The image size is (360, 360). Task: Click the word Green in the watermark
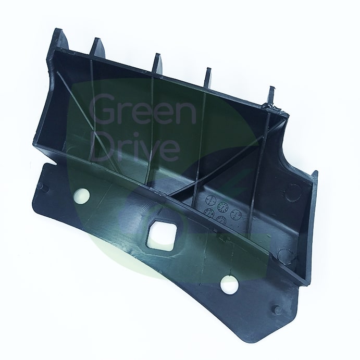(142, 109)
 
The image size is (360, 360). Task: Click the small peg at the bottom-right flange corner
(277, 309)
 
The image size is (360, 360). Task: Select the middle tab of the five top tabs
(158, 63)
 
